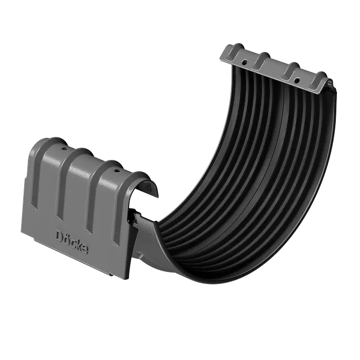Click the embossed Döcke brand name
coord(71,241)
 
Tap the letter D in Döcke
coord(60,236)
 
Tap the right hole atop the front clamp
coord(117,170)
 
